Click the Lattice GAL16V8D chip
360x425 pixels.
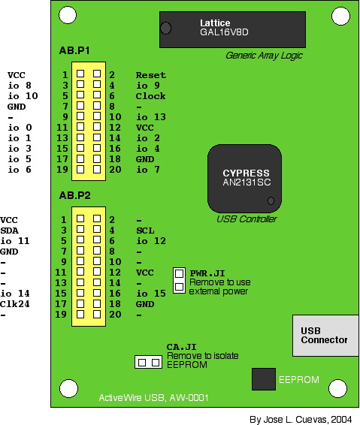232,29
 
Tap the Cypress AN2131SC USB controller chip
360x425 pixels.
244,179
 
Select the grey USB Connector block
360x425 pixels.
325,336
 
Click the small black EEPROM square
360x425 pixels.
264,379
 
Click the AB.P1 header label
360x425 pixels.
74,51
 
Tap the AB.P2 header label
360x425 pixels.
75,195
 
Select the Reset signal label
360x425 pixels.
151,75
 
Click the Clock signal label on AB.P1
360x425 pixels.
150,96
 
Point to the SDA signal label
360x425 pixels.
10,231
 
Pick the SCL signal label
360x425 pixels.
145,231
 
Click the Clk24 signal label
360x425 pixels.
14,304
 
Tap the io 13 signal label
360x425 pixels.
151,117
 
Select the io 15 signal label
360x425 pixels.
151,294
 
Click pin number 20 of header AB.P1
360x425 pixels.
115,170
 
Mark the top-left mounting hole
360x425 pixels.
68,15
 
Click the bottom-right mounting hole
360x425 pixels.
337,388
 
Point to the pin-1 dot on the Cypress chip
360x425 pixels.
271,200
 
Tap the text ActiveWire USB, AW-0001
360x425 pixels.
153,398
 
